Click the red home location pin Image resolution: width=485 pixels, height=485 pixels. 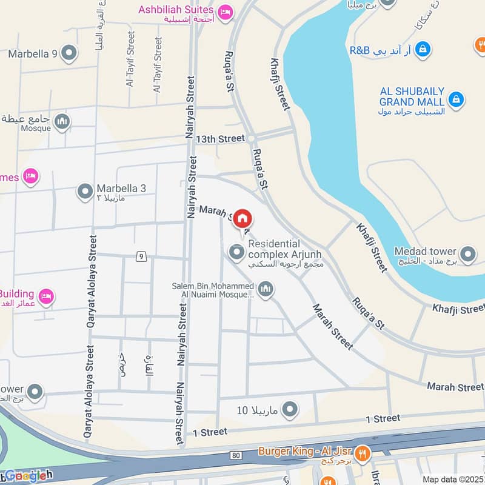(242, 218)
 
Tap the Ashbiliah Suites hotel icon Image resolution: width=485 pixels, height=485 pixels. (225, 12)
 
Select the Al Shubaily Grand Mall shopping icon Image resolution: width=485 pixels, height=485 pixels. (457, 98)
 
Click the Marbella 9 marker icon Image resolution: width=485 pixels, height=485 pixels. (69, 53)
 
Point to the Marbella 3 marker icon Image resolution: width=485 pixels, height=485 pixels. (85, 192)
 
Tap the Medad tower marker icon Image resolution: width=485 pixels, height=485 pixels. (467, 255)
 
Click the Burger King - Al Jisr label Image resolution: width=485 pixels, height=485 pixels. (305, 451)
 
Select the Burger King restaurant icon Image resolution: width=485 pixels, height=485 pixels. (363, 452)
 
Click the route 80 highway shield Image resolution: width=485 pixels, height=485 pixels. (236, 455)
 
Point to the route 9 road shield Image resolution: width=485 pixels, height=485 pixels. (141, 256)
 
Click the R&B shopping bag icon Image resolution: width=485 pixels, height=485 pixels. (423, 48)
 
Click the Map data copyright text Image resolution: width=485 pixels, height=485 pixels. (453, 479)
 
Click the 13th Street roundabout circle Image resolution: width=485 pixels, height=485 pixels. (250, 139)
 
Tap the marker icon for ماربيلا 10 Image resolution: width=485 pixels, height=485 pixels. (290, 409)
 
